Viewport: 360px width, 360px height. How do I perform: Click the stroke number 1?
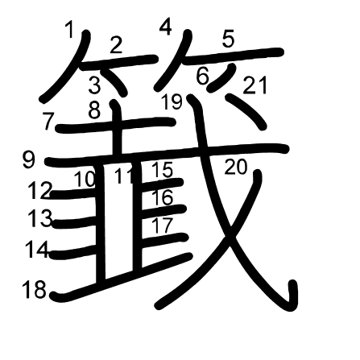(69, 30)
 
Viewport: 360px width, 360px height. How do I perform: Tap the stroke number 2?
(116, 45)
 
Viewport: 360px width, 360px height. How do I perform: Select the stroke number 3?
(94, 84)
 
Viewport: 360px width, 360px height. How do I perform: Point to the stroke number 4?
(165, 27)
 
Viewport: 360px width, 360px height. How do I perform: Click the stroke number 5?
(228, 38)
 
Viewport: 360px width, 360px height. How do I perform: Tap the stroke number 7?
(48, 121)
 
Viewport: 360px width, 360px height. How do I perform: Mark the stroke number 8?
(94, 111)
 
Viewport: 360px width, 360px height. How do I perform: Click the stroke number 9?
(28, 159)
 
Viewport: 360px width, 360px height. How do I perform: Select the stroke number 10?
(85, 179)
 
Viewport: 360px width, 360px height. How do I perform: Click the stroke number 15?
(162, 171)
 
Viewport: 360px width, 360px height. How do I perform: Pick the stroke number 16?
(162, 197)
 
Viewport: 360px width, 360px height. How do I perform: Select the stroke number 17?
(162, 225)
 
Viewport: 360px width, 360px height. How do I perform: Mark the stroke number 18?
(34, 290)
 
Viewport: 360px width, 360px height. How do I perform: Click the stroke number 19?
(172, 102)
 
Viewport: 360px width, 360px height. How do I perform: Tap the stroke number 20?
(235, 168)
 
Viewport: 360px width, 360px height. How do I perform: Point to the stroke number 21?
(255, 85)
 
